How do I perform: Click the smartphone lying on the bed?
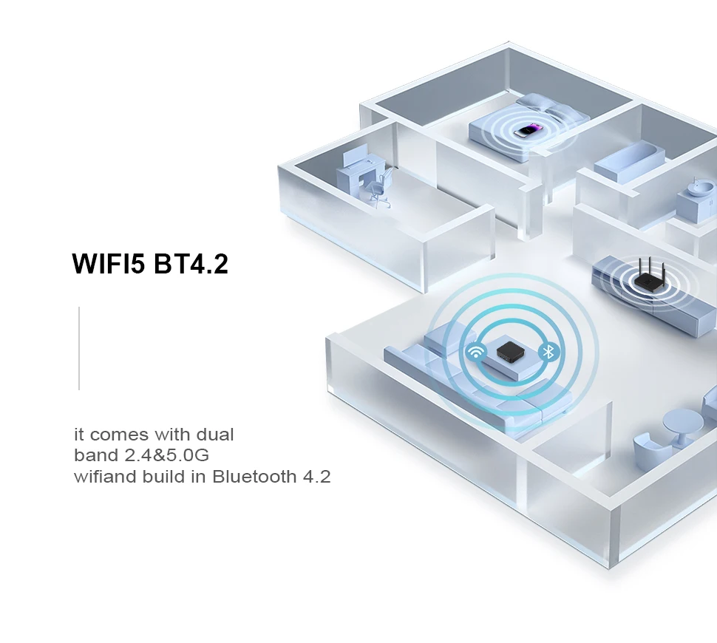[527, 131]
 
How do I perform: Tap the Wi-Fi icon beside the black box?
[476, 352]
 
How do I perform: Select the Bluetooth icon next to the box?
[548, 352]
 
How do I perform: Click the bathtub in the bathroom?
[629, 162]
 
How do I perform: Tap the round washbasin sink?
[698, 186]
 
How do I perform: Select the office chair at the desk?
[378, 188]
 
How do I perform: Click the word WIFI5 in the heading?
[109, 264]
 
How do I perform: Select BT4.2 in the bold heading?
[191, 264]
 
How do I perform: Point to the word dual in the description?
[215, 434]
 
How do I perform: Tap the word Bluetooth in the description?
[254, 476]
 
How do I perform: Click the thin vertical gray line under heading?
[79, 348]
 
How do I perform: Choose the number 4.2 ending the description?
[317, 476]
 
